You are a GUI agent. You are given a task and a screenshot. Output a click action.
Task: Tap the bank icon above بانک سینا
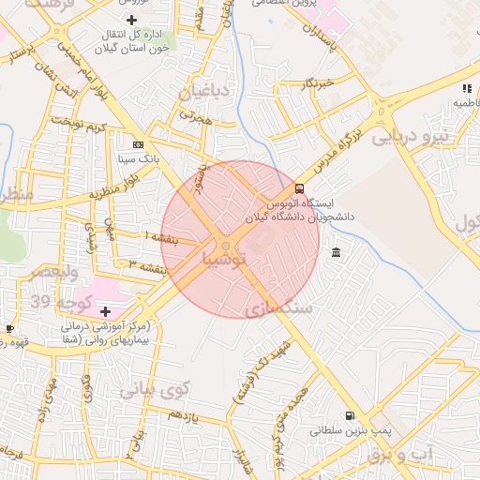[139, 144]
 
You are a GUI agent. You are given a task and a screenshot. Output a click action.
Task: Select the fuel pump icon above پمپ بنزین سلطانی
[350, 415]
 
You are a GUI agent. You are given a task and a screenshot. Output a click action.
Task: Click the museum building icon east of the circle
[336, 252]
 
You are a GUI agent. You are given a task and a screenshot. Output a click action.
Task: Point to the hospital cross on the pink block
[105, 310]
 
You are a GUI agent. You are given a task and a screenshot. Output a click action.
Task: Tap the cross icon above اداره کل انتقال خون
[130, 20]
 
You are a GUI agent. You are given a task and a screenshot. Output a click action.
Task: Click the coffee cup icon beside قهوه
[10, 329]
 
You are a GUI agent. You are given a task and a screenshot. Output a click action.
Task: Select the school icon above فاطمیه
[466, 89]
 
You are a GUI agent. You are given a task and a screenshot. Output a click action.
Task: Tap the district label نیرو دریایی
[411, 137]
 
